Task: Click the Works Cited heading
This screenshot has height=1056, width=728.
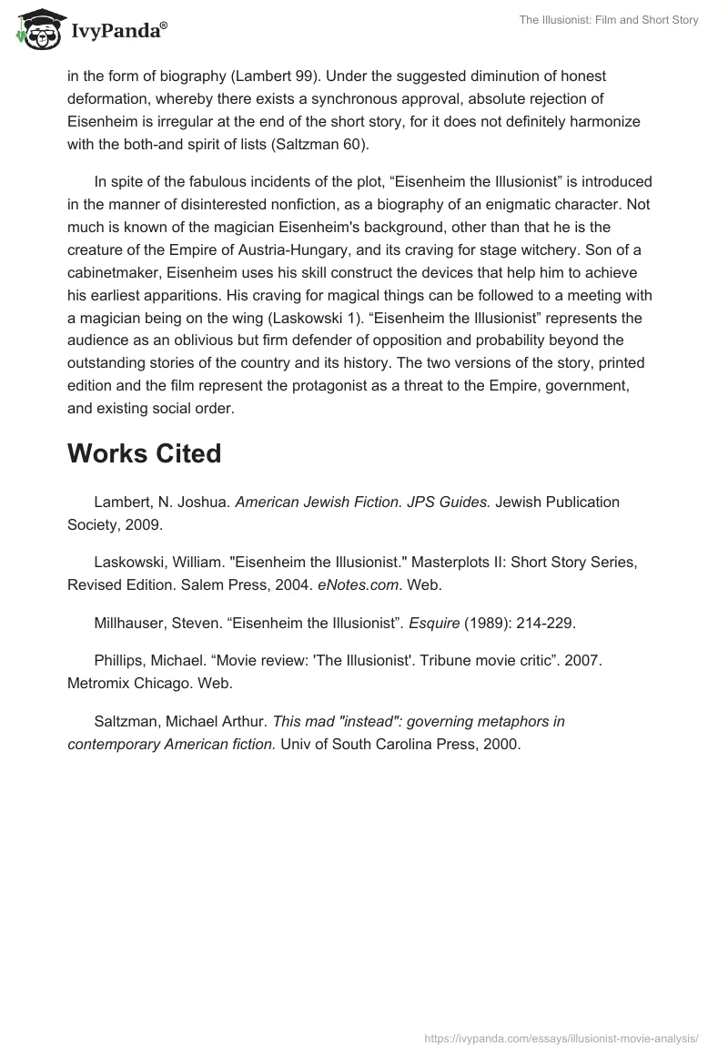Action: tap(144, 453)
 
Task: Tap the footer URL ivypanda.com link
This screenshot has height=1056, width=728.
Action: tap(561, 1037)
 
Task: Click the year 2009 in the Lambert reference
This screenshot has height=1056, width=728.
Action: tap(144, 524)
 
